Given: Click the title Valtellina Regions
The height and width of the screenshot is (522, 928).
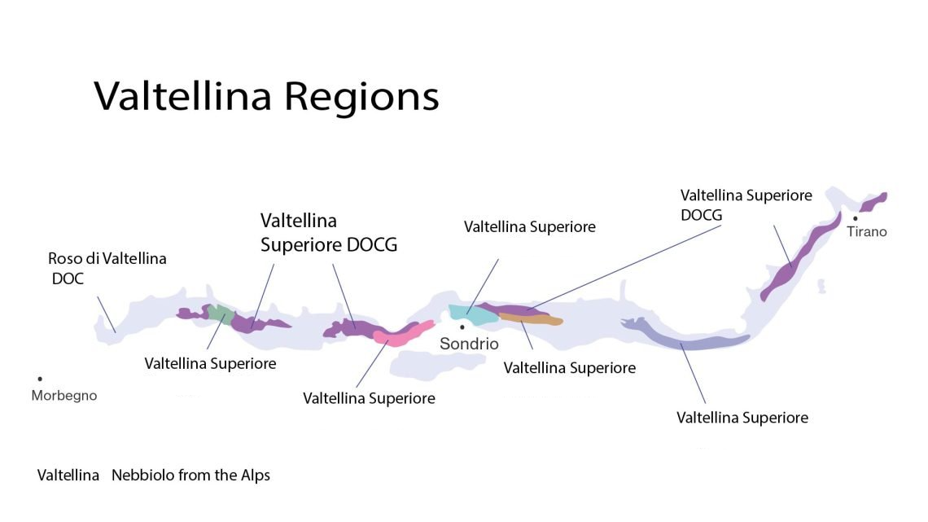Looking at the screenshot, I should point(266,96).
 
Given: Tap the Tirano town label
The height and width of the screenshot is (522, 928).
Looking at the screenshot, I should point(866,232).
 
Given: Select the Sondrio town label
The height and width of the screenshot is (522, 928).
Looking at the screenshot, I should point(469,344).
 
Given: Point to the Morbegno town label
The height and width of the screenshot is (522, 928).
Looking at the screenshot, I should point(63,396).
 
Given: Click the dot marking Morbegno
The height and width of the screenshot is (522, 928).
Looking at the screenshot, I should point(39,379).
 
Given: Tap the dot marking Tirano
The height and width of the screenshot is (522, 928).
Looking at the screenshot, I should point(855,217).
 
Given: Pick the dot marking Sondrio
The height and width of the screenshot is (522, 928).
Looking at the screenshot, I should point(462,327).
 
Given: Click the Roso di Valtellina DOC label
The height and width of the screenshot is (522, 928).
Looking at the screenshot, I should point(107,268).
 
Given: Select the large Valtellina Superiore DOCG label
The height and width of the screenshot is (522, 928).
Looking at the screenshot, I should point(328,232).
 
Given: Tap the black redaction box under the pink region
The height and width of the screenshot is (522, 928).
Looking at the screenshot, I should point(370,419).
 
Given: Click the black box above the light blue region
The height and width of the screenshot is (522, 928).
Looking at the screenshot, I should point(532,247).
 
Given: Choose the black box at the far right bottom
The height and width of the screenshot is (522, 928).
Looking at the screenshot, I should point(751,437).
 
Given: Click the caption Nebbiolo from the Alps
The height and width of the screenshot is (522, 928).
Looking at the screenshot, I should point(190,475).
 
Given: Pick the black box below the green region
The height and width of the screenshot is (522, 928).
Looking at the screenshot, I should point(208,385).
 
